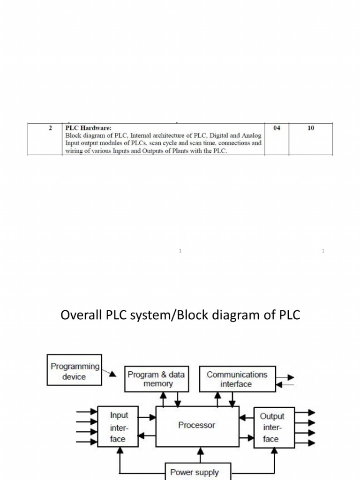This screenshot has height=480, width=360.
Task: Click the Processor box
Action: pos(197,426)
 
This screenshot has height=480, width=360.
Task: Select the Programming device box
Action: pos(75,371)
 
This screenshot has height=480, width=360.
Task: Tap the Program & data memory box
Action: pos(156,379)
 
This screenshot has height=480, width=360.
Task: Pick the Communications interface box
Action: pos(237,379)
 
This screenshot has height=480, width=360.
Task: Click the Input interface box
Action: pos(118,427)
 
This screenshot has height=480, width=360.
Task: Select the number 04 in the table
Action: pos(277,128)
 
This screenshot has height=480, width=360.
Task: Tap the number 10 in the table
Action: pos(311,128)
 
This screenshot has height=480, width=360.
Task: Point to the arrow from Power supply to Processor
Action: pos(201,455)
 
